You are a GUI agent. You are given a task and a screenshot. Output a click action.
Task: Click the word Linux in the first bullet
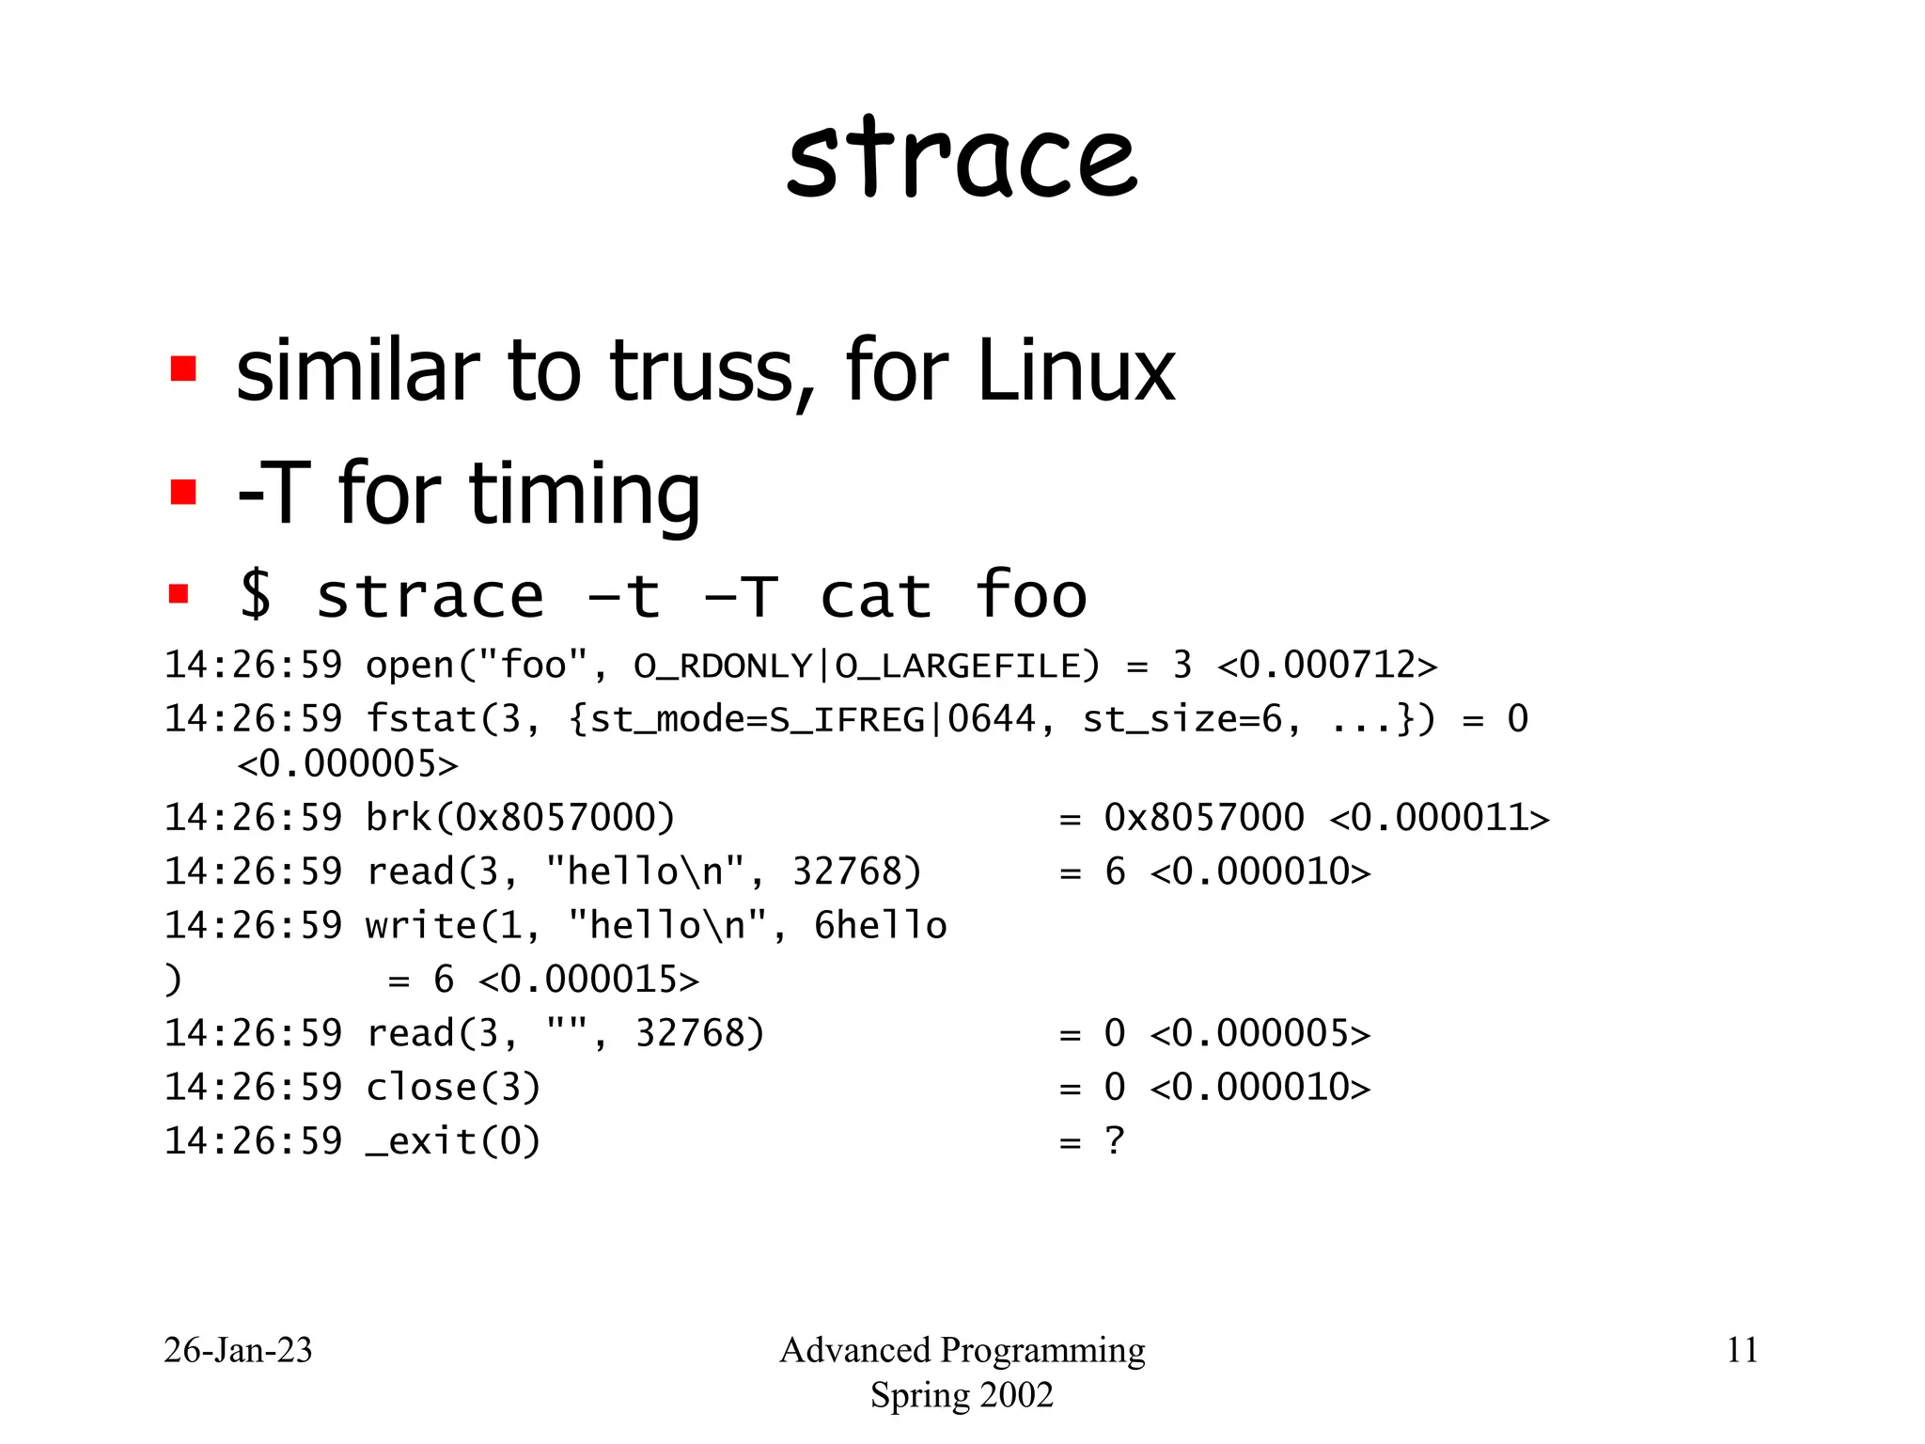click(x=1075, y=371)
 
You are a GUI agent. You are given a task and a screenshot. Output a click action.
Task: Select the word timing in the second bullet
click(x=584, y=494)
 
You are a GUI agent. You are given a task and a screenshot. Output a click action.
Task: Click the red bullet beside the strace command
click(x=179, y=594)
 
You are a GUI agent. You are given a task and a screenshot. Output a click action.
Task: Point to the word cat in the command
click(x=875, y=596)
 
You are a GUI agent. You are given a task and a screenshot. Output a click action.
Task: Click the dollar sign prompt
click(x=256, y=596)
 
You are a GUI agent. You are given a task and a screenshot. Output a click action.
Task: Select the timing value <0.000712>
click(x=1326, y=666)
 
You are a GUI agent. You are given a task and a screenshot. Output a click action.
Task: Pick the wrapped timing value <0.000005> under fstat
click(x=348, y=764)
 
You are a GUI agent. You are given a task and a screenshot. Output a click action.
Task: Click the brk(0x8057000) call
click(x=520, y=818)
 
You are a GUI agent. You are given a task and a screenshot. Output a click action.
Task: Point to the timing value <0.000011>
click(x=1439, y=818)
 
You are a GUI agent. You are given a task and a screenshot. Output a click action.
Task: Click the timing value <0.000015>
click(x=588, y=980)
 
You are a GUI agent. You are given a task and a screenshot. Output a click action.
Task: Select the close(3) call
click(x=453, y=1088)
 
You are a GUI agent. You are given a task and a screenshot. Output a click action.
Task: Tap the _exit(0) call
click(x=453, y=1141)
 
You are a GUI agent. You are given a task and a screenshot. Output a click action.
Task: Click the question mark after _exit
click(x=1115, y=1141)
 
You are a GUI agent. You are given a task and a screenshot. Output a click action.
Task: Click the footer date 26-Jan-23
click(x=238, y=1350)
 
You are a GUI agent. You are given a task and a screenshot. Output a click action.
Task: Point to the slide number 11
click(x=1742, y=1350)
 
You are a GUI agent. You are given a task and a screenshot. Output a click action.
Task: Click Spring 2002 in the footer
click(x=962, y=1395)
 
